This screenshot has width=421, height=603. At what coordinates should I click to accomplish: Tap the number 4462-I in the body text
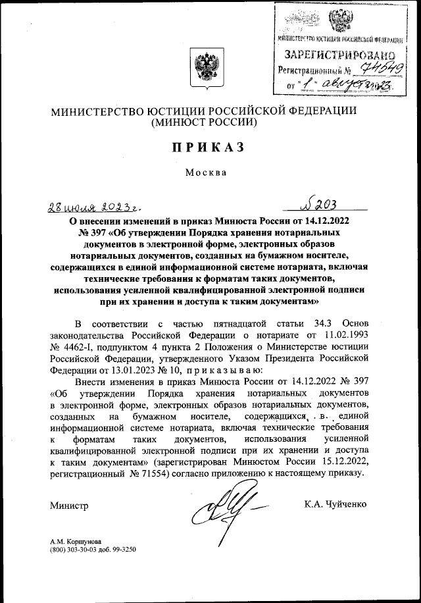pyautogui.click(x=82, y=348)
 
